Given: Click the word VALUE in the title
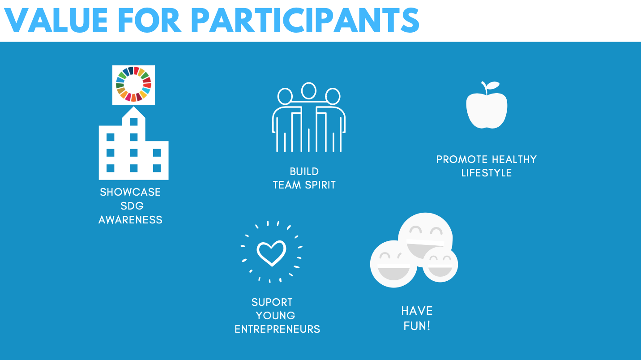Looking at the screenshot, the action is click(x=56, y=20).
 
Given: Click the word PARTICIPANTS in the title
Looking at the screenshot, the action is click(x=305, y=20).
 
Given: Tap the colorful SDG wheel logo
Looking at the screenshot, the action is click(x=134, y=85).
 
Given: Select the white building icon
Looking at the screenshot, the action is click(x=134, y=143).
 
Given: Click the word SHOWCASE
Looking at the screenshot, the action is click(x=130, y=192).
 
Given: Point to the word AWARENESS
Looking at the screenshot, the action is click(x=131, y=220).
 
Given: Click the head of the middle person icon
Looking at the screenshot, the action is click(x=309, y=91).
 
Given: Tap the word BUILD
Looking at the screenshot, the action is click(x=304, y=171).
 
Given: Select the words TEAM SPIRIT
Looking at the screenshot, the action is click(x=304, y=185).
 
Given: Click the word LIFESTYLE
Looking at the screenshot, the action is click(x=487, y=173).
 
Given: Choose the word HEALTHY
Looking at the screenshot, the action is click(x=514, y=159).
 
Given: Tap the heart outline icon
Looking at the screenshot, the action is click(x=271, y=253).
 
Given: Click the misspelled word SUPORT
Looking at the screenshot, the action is click(x=272, y=302).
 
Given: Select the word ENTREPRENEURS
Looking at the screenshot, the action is click(x=277, y=329).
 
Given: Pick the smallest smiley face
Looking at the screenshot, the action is click(x=440, y=265).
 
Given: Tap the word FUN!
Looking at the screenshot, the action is click(x=417, y=326).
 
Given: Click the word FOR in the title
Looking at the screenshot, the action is click(x=149, y=20).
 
